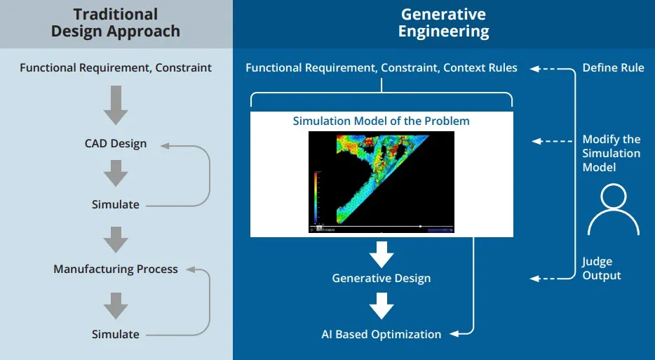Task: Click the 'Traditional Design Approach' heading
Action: [116, 23]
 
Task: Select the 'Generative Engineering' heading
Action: [443, 23]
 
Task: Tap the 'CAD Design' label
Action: [116, 144]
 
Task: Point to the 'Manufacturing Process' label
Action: [116, 269]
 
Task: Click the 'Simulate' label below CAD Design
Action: [116, 205]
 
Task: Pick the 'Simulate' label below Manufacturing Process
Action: [116, 334]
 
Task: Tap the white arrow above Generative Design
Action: [381, 254]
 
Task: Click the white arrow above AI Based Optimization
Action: [381, 307]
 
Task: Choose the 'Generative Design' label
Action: [381, 279]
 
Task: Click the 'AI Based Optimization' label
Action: [381, 334]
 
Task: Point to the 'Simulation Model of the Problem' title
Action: [381, 121]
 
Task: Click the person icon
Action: [613, 209]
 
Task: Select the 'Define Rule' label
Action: [613, 68]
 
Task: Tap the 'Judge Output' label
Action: [602, 269]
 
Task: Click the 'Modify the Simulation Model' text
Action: [612, 153]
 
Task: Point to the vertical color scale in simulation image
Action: [316, 196]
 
